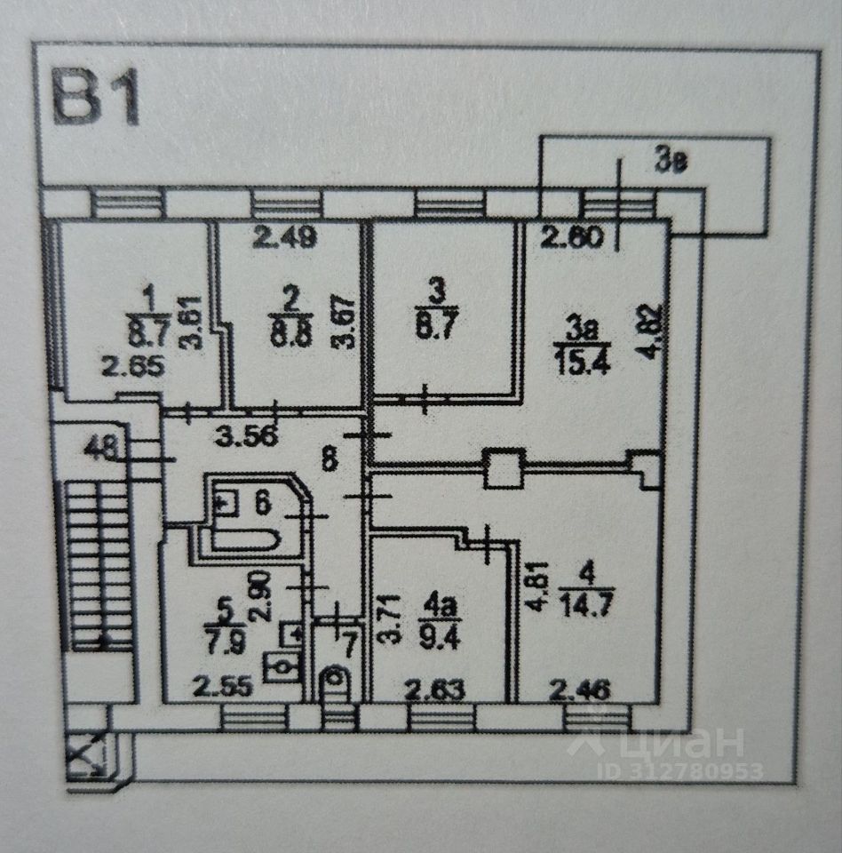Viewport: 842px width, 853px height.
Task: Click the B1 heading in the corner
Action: [x=97, y=99]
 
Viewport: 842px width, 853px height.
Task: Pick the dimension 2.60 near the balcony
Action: [x=573, y=237]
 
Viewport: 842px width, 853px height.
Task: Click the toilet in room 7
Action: [x=336, y=682]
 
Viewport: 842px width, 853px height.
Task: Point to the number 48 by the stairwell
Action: [x=103, y=448]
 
